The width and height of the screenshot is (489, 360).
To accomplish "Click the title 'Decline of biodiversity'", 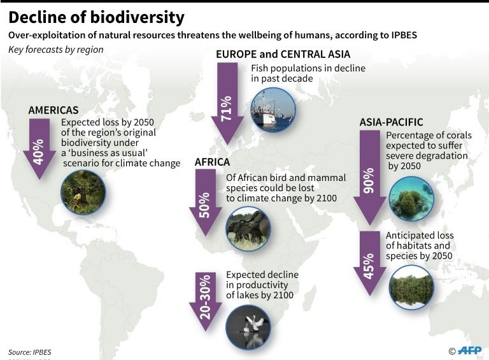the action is click(96, 17).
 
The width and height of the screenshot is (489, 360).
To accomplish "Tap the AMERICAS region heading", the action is click(53, 110).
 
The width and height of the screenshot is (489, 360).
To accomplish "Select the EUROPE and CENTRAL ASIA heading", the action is click(283, 54).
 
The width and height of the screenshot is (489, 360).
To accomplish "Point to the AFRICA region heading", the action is click(213, 162).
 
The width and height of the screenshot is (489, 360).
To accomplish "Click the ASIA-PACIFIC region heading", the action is click(392, 122).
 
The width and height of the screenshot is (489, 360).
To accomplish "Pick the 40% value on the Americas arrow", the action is click(38, 152).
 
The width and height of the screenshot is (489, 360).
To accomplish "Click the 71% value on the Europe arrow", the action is click(227, 108).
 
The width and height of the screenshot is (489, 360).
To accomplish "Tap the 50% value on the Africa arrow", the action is click(204, 205).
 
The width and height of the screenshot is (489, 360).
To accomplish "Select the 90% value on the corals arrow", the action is click(369, 180).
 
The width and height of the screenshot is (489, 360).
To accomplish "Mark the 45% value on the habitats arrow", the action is click(369, 266).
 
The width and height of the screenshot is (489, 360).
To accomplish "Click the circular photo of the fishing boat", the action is click(273, 110).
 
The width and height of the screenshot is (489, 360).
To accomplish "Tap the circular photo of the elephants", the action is click(248, 229).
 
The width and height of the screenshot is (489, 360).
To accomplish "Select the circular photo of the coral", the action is click(411, 199).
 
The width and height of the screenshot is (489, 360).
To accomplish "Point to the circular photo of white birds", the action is click(248, 328).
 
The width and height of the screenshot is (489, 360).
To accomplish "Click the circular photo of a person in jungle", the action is click(83, 192).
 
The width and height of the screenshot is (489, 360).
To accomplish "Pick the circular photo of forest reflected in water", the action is click(411, 287).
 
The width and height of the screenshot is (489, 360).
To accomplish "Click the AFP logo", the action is click(470, 350).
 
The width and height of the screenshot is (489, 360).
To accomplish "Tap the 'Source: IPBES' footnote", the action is click(30, 352).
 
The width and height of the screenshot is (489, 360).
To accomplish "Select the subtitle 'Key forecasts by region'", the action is click(56, 50).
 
